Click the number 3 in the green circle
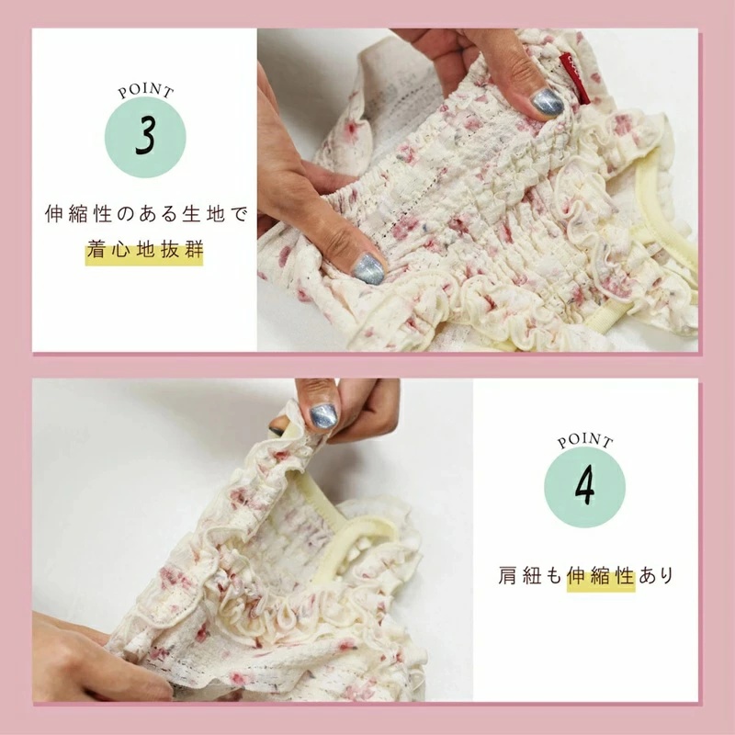point(145,135)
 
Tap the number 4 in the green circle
point(584,487)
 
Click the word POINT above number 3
point(146,90)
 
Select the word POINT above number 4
point(585,441)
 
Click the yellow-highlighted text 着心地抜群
point(145,251)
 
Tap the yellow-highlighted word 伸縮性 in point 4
point(601,576)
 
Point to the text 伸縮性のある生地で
point(146,214)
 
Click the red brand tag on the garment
point(573,78)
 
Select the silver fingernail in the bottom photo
point(323,416)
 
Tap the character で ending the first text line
point(239,214)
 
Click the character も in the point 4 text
point(553,576)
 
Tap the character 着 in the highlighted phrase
point(96,251)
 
